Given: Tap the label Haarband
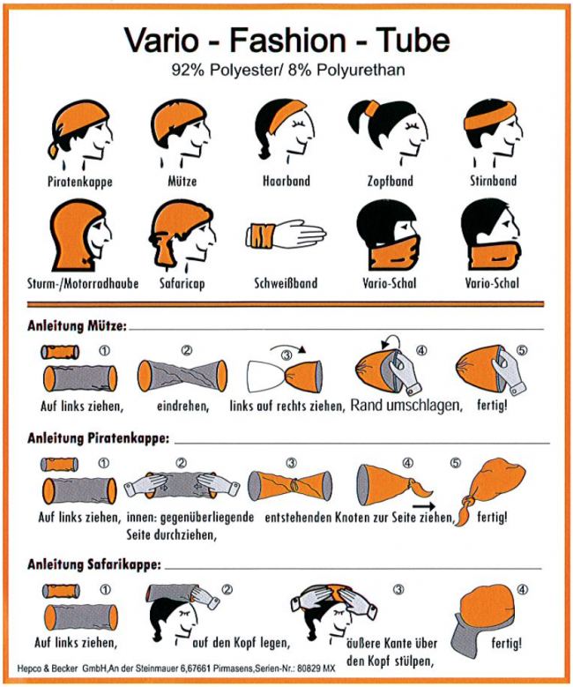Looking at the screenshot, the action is [286, 181].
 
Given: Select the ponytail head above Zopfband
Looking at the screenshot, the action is [388, 131].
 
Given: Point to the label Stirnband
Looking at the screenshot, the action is [494, 181].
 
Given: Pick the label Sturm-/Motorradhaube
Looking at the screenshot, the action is [83, 283].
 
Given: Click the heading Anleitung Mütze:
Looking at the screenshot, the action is [77, 326].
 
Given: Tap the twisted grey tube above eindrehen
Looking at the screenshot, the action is [182, 376].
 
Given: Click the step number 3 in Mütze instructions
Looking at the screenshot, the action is [286, 355].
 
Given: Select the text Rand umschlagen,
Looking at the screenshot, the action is [406, 407].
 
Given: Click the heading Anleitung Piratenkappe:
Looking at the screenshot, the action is [98, 438].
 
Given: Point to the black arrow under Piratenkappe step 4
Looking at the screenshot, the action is [424, 506].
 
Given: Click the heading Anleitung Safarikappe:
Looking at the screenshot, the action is [94, 564].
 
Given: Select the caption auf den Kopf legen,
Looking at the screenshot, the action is [242, 643].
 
